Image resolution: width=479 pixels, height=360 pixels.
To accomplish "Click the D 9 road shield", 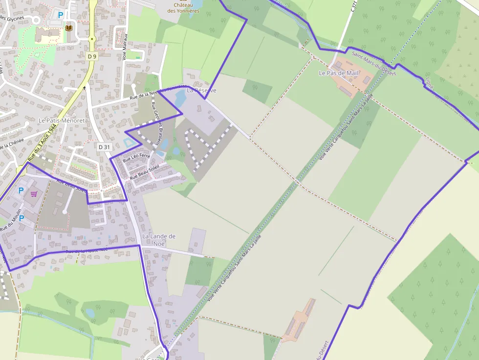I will pos(91,56).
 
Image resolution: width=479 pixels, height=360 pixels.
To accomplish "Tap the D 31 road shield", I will pos(104,147).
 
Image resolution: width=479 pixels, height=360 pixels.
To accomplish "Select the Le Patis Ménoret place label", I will pos(62,120).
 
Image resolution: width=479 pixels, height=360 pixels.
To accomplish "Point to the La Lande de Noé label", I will pos(158,239).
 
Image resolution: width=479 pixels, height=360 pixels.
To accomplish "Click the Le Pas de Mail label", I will pos(338,73).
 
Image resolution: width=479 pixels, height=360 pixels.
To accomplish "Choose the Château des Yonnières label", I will pos(183,8).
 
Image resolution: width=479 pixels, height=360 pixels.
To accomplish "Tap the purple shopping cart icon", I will pos(34,194).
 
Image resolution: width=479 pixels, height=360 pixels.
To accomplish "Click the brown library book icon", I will pos(68,28).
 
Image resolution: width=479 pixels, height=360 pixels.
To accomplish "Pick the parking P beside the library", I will pos(61,15).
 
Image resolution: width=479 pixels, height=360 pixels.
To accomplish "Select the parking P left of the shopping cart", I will pos(21,191).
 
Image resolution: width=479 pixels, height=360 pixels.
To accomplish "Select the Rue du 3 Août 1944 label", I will pos(42,142).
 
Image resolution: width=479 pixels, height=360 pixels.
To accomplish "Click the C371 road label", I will pos(354,6).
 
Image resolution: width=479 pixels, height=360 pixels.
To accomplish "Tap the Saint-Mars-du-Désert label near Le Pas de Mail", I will pos(373,63).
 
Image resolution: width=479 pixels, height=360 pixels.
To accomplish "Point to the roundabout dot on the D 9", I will pos(91,39).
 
